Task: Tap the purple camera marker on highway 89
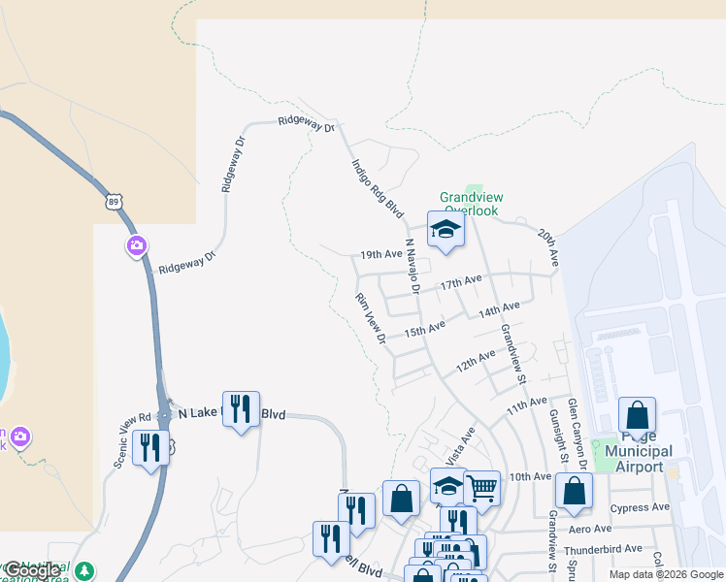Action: coord(137,246)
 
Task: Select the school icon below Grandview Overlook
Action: coord(446,229)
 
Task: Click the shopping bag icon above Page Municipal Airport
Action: coord(637,415)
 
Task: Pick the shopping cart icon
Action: coord(481,485)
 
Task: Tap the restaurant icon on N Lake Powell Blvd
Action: coord(241,408)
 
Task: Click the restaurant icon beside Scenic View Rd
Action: coord(149,447)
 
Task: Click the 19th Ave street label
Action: coord(380,254)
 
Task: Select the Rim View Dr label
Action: coord(371,319)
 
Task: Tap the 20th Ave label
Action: coord(549,247)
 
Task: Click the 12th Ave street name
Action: coord(477,362)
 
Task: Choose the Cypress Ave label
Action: coord(640,507)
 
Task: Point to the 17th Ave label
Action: coord(460,282)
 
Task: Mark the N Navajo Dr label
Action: coord(411,266)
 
